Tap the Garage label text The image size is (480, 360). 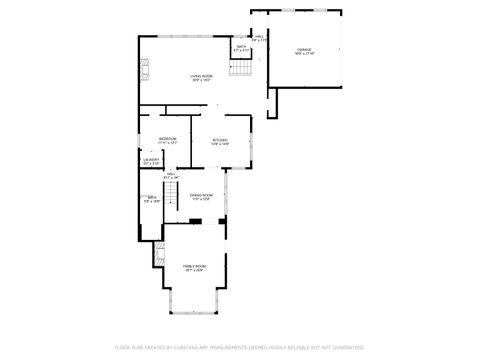(304, 49)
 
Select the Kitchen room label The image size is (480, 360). (220, 140)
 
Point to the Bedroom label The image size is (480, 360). (167, 138)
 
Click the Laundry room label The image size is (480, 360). (151, 159)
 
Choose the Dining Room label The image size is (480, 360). (202, 194)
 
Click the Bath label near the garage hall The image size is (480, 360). (241, 46)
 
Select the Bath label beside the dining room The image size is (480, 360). (151, 197)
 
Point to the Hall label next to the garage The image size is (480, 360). (258, 36)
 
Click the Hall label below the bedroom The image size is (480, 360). (171, 173)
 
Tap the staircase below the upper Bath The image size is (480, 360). (241, 69)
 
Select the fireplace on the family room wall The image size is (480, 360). (158, 255)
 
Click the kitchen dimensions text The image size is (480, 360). (220, 145)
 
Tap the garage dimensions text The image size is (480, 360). (304, 54)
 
